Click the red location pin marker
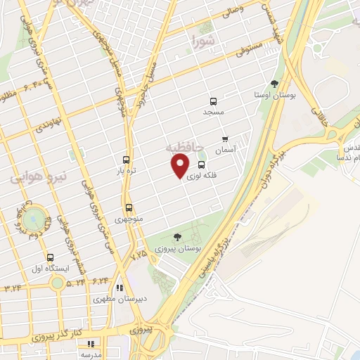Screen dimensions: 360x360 [x=180, y=165]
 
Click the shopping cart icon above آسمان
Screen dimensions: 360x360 [x=225, y=139]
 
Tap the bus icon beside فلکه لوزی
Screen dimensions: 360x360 [x=202, y=165]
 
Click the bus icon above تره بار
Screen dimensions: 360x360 [x=127, y=160]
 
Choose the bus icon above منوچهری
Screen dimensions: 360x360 [x=129, y=208]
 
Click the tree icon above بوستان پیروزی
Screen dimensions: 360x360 [x=176, y=237]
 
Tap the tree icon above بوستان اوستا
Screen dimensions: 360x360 [x=274, y=84]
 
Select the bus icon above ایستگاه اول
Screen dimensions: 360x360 [x=49, y=257]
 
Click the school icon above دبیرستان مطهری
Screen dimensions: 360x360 [x=120, y=288]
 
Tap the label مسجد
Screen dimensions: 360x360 [x=213, y=112]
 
